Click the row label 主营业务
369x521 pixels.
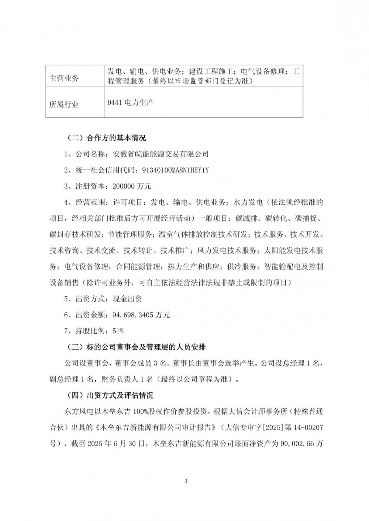point(64,78)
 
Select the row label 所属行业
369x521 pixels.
point(64,104)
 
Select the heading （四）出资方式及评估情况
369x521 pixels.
point(108,395)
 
